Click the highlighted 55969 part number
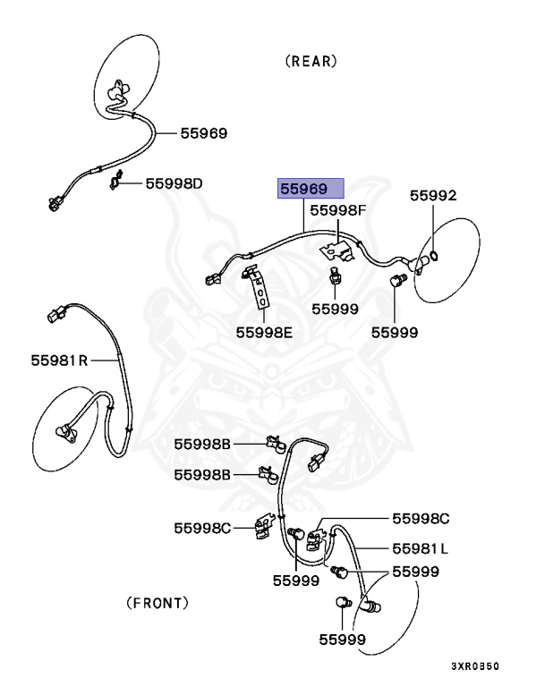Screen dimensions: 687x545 (310, 189)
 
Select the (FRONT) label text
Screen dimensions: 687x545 (158, 602)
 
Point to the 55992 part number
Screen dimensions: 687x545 (433, 195)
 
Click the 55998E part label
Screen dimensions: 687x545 (264, 332)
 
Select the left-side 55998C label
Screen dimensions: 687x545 (203, 528)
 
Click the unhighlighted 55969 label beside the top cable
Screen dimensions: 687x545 (203, 133)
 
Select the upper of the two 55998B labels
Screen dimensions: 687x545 (203, 444)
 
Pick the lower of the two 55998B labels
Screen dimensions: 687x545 (203, 474)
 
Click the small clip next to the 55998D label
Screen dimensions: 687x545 (115, 183)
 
